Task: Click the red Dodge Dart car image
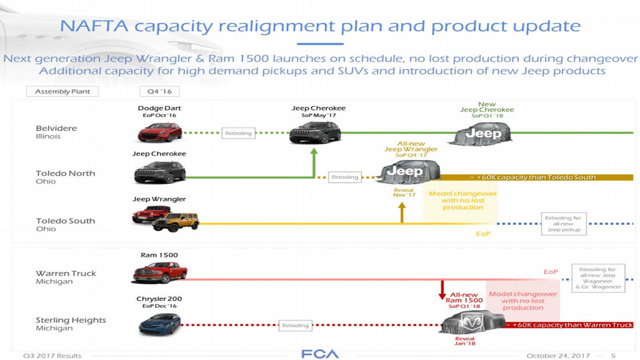coord(160,132)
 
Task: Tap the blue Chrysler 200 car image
coord(160,324)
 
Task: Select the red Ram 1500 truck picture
coord(160,273)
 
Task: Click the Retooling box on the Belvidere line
coord(238,133)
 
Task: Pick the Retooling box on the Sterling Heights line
coord(295,326)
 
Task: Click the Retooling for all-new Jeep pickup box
coord(564,224)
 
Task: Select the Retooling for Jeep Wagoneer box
coord(598,278)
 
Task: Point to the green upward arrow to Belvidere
coord(314,162)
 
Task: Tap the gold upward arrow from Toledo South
coord(402,212)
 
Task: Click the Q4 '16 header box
coord(160,92)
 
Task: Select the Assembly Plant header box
coord(62,92)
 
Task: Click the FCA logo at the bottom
coord(320,354)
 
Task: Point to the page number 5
coord(613,356)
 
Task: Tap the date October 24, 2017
coord(558,356)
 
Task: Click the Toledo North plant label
coord(65,177)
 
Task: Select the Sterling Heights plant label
coord(70,324)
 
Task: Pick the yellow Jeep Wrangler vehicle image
coord(176,222)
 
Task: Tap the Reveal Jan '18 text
coord(465,341)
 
